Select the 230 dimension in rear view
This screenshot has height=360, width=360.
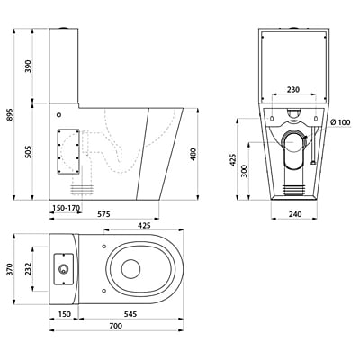pos(288,89)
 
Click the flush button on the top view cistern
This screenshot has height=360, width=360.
pos(63,270)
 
